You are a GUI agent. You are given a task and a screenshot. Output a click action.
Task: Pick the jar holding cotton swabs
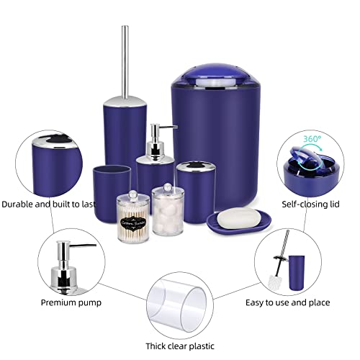click(x=133, y=217)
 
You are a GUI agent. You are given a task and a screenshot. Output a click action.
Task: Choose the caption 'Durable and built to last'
click(x=48, y=204)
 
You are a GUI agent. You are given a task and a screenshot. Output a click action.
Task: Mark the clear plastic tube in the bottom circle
click(x=179, y=308)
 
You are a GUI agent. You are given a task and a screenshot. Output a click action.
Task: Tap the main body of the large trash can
click(x=209, y=144)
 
